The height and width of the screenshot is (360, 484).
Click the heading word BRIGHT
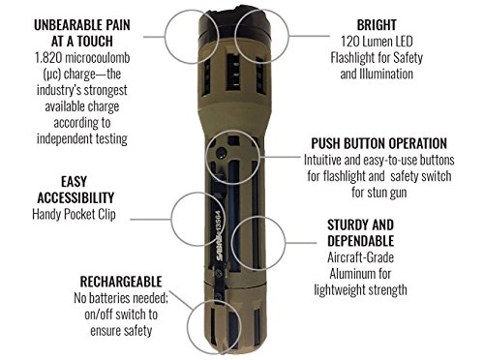(x=377, y=25)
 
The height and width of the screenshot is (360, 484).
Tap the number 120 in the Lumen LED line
(x=350, y=42)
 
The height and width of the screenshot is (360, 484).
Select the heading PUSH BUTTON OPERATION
(x=379, y=143)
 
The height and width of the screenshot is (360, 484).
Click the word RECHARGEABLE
(x=121, y=282)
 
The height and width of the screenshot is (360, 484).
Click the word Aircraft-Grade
(x=360, y=257)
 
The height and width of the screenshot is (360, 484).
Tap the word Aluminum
(x=351, y=274)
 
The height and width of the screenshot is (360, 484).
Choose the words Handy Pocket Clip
(x=74, y=214)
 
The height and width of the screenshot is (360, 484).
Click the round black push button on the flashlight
(x=222, y=152)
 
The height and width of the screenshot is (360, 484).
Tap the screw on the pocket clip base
(x=219, y=273)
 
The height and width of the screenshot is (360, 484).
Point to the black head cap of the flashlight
(x=234, y=26)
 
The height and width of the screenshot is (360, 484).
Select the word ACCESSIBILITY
(x=76, y=198)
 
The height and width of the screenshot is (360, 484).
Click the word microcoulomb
(x=98, y=58)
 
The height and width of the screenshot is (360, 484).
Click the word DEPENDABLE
(x=361, y=241)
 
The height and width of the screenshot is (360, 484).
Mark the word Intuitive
(x=322, y=160)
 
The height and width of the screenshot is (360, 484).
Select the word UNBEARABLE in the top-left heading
(x=64, y=25)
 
